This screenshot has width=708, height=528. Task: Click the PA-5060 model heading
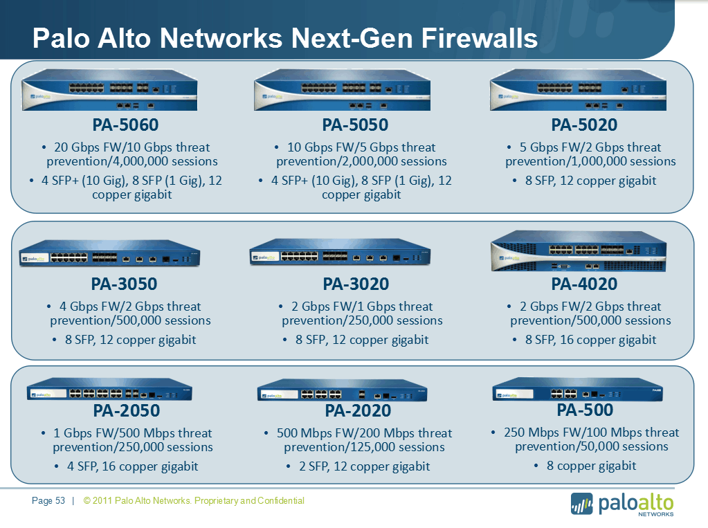click(125, 125)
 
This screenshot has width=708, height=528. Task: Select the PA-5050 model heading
click(355, 125)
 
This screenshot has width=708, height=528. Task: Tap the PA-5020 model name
click(584, 125)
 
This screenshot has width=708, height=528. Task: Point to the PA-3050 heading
click(124, 284)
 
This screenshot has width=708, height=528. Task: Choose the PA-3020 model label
click(356, 284)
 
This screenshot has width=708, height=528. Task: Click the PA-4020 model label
click(584, 284)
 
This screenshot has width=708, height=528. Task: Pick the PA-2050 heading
click(127, 411)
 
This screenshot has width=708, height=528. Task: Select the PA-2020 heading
click(358, 411)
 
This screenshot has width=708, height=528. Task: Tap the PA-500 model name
click(585, 410)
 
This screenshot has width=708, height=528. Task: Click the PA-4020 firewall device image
click(579, 251)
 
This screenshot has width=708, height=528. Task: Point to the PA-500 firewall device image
click(577, 390)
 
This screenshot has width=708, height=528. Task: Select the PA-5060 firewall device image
click(110, 90)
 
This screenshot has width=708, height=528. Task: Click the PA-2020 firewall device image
click(343, 390)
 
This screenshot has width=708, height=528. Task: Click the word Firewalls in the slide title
click(480, 38)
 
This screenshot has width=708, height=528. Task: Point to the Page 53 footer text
click(48, 500)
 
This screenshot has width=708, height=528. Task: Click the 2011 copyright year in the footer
click(102, 500)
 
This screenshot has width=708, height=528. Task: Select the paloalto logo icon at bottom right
click(581, 504)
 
